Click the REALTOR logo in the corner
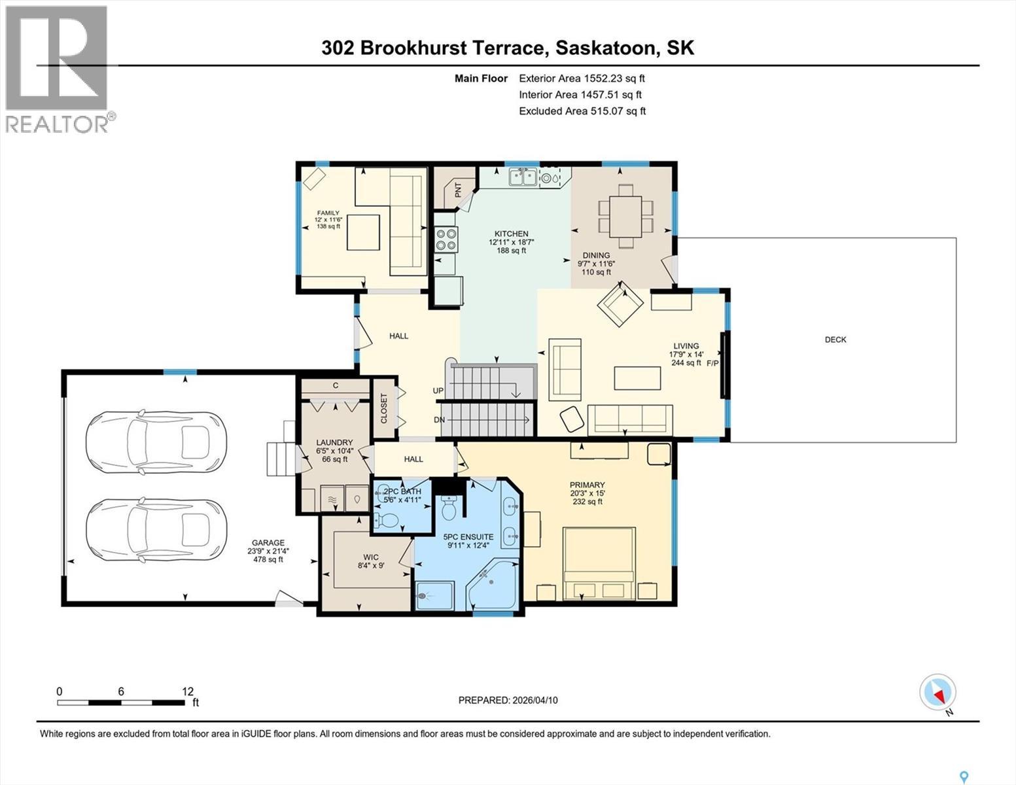(x=58, y=68)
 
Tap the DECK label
(x=835, y=340)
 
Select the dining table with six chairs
(x=626, y=216)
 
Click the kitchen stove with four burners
(x=446, y=239)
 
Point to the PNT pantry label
(x=458, y=190)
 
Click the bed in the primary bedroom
(x=599, y=563)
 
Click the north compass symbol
(x=937, y=692)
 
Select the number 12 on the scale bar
(x=188, y=691)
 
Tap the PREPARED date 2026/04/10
(x=508, y=700)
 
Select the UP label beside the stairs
(x=438, y=391)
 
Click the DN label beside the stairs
(x=439, y=420)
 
